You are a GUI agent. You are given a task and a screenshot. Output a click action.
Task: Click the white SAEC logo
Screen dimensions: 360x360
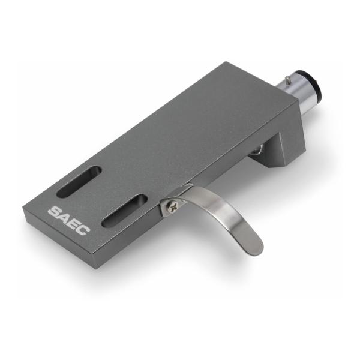tap(69, 221)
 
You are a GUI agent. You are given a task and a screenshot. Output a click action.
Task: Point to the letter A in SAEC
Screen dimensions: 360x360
tap(65, 217)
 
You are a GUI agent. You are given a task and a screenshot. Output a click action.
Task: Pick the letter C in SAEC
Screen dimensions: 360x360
tap(83, 229)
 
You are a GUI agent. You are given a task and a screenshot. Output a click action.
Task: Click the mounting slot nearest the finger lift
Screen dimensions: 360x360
tap(124, 211)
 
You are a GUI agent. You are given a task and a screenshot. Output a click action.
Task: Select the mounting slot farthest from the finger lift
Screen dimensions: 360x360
tap(79, 181)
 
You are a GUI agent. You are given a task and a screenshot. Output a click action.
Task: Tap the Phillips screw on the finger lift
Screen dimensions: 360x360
tap(172, 206)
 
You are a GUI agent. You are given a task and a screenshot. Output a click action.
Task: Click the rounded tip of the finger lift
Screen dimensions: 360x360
tap(257, 248)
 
